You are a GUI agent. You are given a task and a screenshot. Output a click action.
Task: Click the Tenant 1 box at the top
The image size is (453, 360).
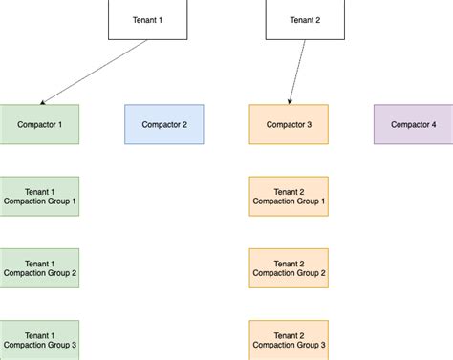pos(148,19)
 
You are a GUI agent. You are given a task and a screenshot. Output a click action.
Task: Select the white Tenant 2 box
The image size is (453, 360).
pos(304,19)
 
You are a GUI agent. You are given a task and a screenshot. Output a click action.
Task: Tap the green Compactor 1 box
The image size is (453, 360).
pos(39,124)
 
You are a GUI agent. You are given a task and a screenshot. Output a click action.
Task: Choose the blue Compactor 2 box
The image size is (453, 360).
pos(163,124)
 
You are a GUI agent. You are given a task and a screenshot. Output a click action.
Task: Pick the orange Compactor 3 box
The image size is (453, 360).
pos(288,124)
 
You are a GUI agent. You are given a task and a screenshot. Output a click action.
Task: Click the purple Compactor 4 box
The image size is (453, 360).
pos(413,124)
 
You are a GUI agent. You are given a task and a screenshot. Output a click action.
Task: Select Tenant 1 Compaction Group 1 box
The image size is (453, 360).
pos(39,196)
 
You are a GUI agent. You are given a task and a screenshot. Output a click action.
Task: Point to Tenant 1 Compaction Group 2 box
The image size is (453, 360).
pos(39,267)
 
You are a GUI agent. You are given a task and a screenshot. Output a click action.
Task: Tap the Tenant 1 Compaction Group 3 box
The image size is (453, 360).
pos(39,339)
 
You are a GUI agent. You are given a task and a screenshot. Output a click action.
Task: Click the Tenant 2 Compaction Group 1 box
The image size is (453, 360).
pos(288,196)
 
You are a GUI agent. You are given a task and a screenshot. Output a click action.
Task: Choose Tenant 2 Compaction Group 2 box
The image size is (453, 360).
pos(288,267)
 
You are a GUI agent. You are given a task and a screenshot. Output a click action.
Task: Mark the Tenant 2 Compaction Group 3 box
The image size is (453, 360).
pos(288,339)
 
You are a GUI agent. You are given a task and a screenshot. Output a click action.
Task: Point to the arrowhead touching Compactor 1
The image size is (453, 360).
pos(44,102)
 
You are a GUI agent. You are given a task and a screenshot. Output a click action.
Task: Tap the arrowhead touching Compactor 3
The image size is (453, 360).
pos(290,101)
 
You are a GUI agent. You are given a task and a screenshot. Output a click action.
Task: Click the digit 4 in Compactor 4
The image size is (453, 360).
pos(433,124)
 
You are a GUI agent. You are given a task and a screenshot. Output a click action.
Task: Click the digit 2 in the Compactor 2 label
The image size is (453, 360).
pos(184,124)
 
